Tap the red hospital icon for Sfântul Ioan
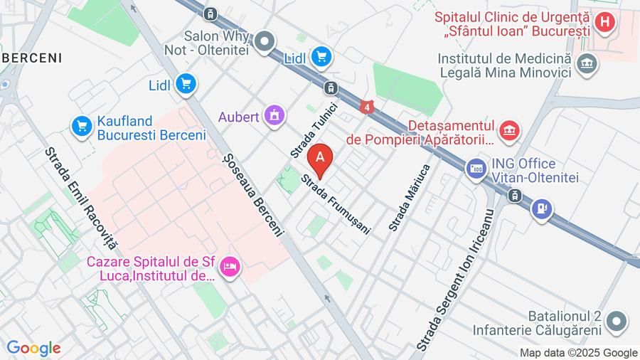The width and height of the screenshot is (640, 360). point(604,22)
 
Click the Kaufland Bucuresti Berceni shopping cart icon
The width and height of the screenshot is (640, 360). point(82,127)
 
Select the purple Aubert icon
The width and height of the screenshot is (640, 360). point(274,115)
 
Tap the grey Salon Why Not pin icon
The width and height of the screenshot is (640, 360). point(265,42)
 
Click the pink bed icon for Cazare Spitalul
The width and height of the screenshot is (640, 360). point(230,268)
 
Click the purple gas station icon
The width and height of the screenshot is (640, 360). point(542,208)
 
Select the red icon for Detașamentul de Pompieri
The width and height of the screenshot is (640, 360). point(509,130)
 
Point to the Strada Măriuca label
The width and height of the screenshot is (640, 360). point(410,197)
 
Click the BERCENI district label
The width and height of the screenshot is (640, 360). point(31,58)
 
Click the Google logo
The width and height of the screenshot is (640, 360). point(33,348)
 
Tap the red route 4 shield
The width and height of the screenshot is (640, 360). point(366,107)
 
